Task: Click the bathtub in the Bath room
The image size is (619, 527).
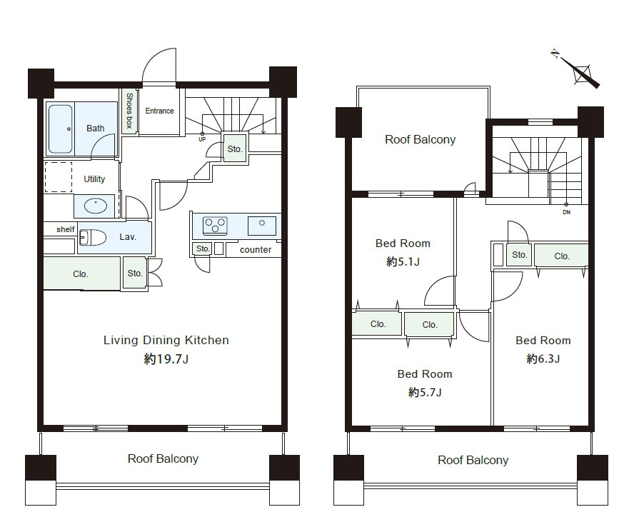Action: coord(61,129)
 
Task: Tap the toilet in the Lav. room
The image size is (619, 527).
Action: coord(93,238)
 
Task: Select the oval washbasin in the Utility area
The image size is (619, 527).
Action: coord(96,206)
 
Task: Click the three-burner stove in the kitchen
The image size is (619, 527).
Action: coord(215,226)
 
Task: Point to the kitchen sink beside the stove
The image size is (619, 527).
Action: coord(262,226)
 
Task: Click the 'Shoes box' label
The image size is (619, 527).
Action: coord(129,111)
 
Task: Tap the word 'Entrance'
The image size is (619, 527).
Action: coord(159,111)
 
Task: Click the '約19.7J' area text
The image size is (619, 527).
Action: coord(166,359)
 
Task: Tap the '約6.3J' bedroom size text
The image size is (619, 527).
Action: coord(543,358)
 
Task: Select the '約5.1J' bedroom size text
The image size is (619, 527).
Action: coord(403,261)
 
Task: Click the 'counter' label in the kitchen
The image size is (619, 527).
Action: coord(256,250)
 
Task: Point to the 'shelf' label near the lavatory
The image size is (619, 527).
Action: coord(66,229)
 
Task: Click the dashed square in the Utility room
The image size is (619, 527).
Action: coord(59,177)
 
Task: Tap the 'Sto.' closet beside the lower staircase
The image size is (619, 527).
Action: coord(235,149)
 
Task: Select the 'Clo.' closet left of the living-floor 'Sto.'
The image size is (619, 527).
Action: coord(81,274)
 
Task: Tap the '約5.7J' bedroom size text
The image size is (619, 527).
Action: coord(425,392)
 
